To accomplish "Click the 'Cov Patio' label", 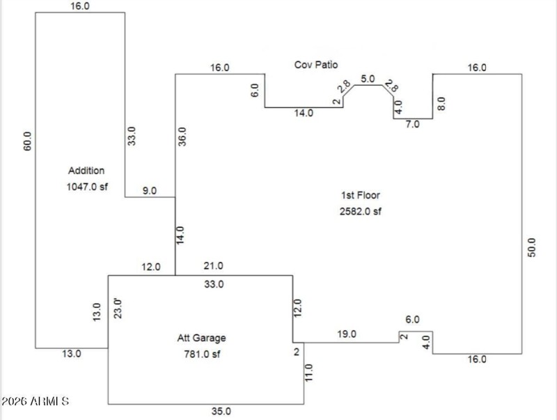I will point(315,65).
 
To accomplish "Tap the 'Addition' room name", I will point(86,171).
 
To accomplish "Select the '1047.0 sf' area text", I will point(86,187).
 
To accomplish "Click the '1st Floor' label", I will point(360,195).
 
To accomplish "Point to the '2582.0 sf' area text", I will point(360,211).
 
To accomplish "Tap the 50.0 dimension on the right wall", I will point(532,249).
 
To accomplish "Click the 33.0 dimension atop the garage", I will point(213,284).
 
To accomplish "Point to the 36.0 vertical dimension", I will point(182,137).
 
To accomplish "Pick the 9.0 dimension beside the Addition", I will point(149,189).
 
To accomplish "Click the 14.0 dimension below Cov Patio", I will point(304,113).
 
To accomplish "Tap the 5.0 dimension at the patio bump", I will point(368,79).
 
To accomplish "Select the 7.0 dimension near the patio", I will point(414,124).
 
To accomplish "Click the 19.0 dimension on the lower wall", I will point(346,334).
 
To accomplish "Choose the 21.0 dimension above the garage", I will point(213,266).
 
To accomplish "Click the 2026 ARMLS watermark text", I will point(35,402).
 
